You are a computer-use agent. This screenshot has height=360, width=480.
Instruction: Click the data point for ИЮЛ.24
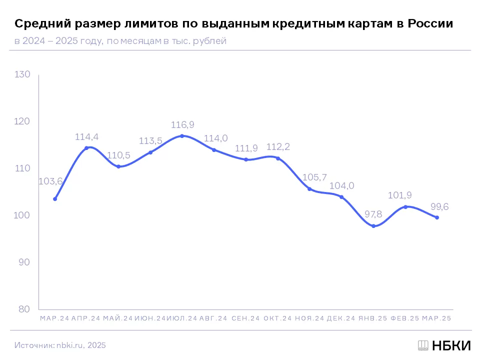[182, 136]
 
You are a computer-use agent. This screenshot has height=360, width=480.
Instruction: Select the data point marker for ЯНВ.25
[373, 226]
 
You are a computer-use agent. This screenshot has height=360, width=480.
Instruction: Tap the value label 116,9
[182, 124]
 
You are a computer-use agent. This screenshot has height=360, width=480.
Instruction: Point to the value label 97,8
[373, 214]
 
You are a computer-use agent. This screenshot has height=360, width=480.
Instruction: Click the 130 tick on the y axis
[22, 74]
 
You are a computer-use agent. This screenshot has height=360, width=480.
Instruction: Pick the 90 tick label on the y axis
[24, 262]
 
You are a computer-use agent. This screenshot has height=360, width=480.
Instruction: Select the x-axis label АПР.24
[85, 318]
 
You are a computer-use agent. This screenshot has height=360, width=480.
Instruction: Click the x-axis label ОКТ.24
[277, 318]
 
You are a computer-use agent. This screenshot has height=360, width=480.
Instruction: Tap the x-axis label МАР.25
[436, 318]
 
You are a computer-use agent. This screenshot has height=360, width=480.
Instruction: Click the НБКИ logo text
[451, 345]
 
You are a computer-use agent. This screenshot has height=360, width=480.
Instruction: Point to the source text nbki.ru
[69, 345]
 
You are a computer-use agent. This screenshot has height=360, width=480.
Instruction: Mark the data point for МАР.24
[55, 199]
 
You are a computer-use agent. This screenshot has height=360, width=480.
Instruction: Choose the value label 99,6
[439, 206]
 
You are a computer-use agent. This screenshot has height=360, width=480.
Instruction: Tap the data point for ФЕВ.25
[405, 207]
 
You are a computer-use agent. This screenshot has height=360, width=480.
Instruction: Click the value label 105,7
[314, 177]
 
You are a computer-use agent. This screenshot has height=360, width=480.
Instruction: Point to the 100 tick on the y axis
[21, 215]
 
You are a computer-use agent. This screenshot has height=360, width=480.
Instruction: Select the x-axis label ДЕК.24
[341, 318]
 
